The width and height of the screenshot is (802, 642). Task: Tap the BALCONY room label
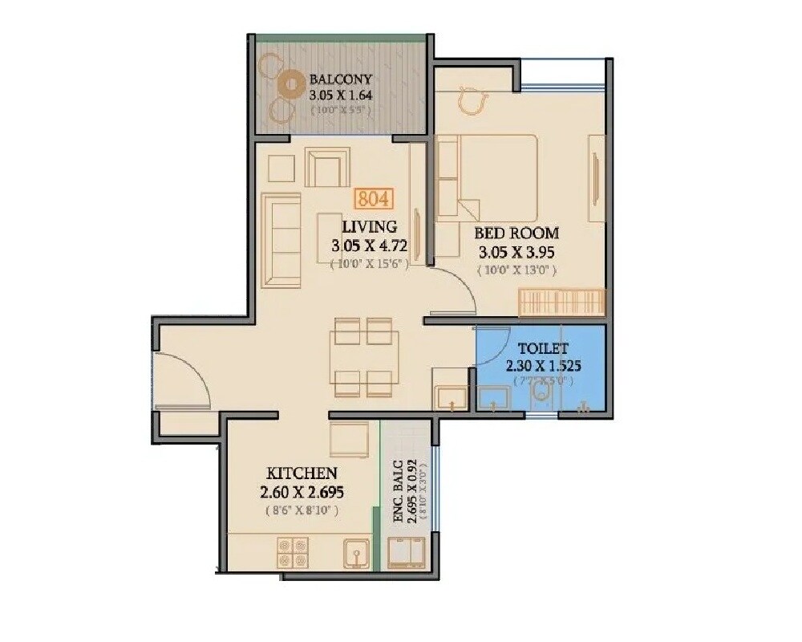tap(340, 79)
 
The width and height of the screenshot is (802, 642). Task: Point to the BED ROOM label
tap(516, 234)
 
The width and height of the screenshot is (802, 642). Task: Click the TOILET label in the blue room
tap(543, 349)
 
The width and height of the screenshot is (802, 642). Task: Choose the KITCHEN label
tap(302, 473)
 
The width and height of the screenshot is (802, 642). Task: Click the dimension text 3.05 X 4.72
tap(369, 246)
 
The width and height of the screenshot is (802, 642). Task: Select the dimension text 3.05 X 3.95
tap(516, 253)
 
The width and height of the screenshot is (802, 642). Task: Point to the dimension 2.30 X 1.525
tap(543, 366)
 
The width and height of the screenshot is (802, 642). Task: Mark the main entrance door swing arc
tap(186, 381)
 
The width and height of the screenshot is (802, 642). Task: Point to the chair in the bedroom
tap(472, 102)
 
